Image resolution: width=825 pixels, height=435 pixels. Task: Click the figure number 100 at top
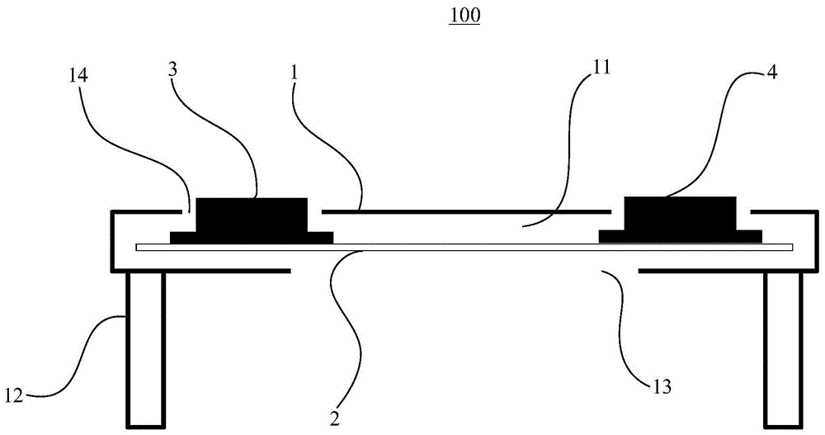coord(464,16)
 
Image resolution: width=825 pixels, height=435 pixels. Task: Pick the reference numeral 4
coord(771,72)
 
